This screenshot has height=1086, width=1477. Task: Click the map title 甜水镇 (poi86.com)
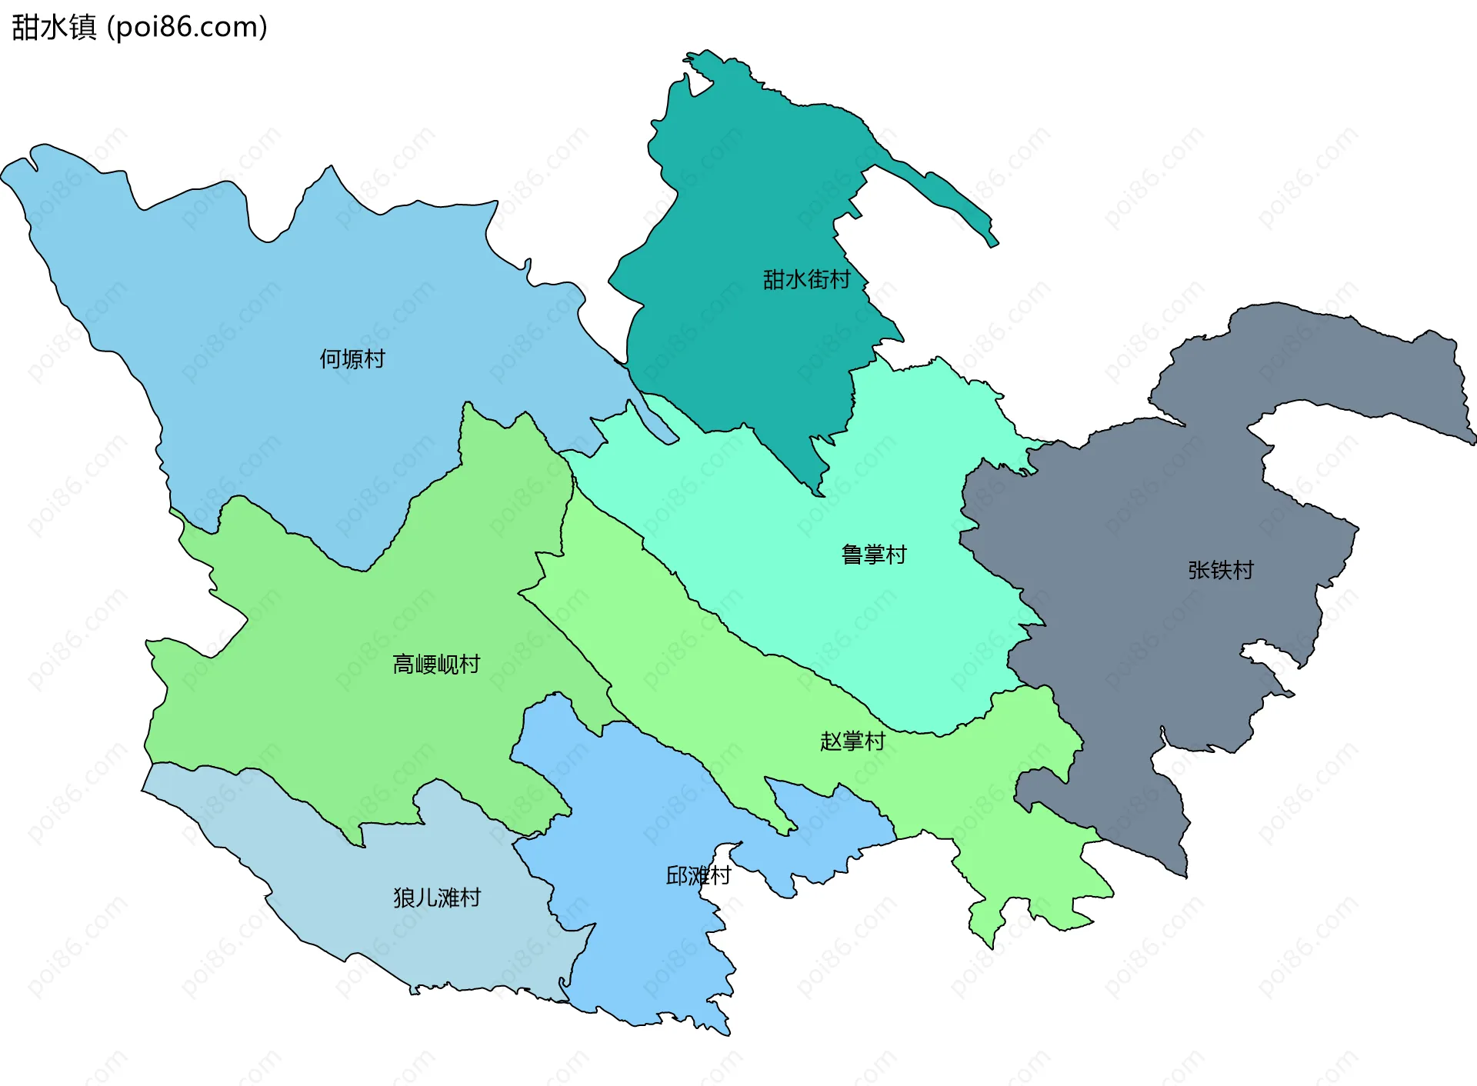pos(139,27)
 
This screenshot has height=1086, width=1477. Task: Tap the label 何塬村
pos(352,359)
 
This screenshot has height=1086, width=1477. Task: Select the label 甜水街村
pos(806,279)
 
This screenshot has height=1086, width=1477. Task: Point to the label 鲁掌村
pos(874,555)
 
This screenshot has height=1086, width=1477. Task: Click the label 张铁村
pos(1220,570)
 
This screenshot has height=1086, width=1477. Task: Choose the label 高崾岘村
pos(436,664)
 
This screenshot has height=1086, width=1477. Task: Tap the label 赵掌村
pos(852,741)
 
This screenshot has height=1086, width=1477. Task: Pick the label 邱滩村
pos(698,875)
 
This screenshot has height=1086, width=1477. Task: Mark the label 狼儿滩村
pos(437,898)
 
